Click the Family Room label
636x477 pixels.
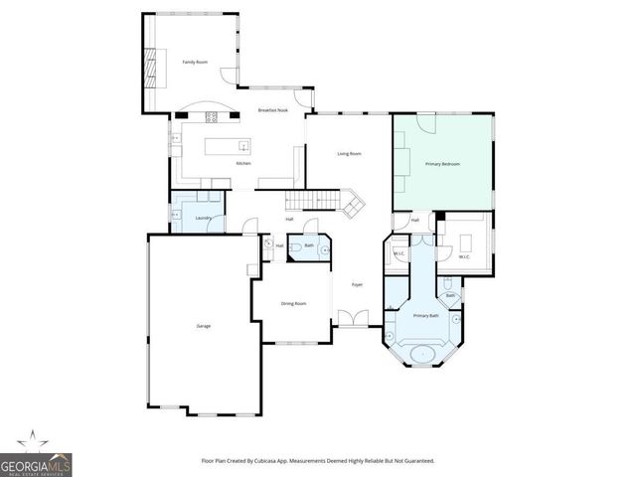coord(195,62)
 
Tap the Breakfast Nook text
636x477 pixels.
coord(272,110)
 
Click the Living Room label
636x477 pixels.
coord(349,153)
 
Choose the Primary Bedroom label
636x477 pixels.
coord(443,163)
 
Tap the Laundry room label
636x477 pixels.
coord(204,218)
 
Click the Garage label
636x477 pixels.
coord(203,326)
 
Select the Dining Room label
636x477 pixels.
coord(293,303)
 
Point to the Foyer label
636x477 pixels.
coord(357,284)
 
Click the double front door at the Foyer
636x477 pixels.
coord(348,318)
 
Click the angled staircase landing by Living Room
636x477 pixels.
coord(354,206)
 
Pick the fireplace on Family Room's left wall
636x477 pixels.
coord(151,68)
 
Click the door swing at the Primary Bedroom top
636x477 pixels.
coord(425,123)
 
